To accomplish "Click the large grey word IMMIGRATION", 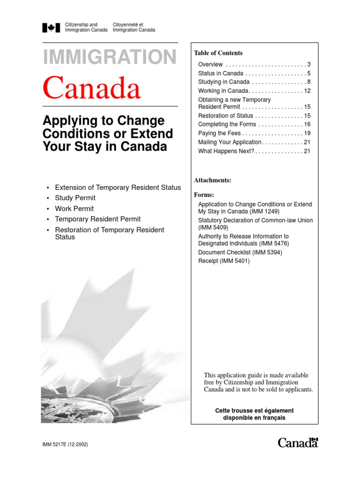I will [x=110, y=57].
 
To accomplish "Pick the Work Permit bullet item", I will [x=75, y=209].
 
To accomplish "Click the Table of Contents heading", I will [x=218, y=53].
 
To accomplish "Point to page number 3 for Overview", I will [x=309, y=65].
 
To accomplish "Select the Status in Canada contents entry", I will [x=221, y=74].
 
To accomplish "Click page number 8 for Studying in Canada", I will [x=309, y=82].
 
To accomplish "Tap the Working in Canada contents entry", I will [x=223, y=90].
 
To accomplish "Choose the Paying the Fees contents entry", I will [x=219, y=133].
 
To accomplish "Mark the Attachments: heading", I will [x=213, y=180].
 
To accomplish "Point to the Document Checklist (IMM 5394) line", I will [x=240, y=253].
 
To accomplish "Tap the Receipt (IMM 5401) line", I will [x=224, y=261].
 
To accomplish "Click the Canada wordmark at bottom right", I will [x=298, y=442].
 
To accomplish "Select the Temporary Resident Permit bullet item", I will [x=97, y=219].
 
